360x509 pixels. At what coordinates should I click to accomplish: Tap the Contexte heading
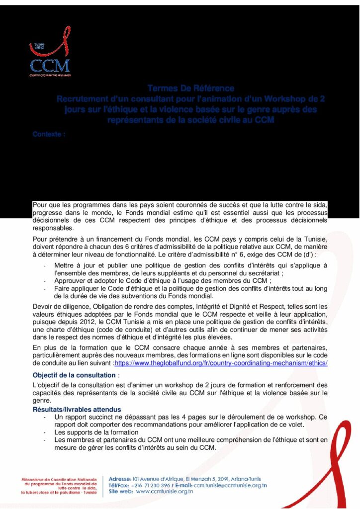[x=49, y=134]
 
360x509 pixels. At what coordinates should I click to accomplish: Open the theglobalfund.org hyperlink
[x=221, y=363]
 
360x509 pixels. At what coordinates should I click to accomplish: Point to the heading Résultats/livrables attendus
[x=77, y=409]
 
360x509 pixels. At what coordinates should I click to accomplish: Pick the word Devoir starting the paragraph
[x=43, y=306]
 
